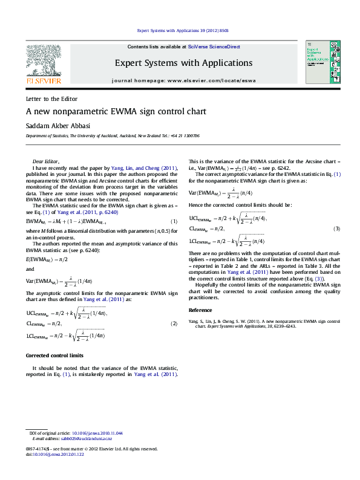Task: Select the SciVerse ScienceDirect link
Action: (214, 47)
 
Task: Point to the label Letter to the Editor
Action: (51, 99)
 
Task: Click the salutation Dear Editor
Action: (46, 162)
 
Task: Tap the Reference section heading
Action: (201, 310)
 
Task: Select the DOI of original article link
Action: (97, 433)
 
